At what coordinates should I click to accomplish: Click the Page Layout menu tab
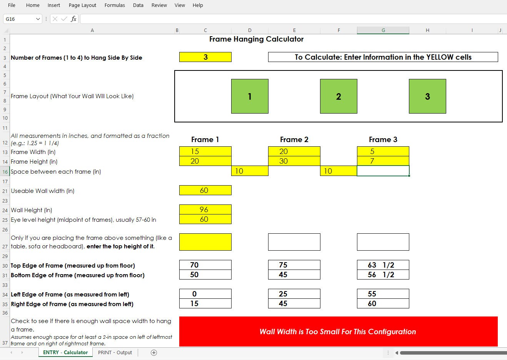[82, 5]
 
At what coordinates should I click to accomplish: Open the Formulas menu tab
[115, 5]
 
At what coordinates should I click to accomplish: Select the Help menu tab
[198, 5]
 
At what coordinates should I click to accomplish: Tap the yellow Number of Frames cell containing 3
[205, 57]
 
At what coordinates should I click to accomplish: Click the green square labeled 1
[250, 96]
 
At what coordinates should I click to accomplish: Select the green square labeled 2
[339, 96]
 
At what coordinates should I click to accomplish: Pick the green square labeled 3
[427, 96]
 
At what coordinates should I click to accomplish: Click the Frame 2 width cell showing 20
[294, 151]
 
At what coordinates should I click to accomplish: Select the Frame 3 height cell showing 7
[383, 161]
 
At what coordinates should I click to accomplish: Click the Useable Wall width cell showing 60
[205, 190]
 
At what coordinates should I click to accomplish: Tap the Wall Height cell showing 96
[205, 209]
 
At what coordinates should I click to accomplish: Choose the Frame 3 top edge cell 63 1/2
[383, 265]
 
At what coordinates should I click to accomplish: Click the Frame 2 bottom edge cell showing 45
[294, 275]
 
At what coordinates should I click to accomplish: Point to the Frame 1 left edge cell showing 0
[205, 294]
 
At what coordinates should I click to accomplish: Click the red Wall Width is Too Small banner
[338, 332]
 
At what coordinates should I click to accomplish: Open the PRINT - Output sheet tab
[115, 352]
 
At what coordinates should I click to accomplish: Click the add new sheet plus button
[154, 352]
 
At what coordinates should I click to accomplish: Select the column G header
[383, 30]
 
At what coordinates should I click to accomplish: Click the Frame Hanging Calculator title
[256, 39]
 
